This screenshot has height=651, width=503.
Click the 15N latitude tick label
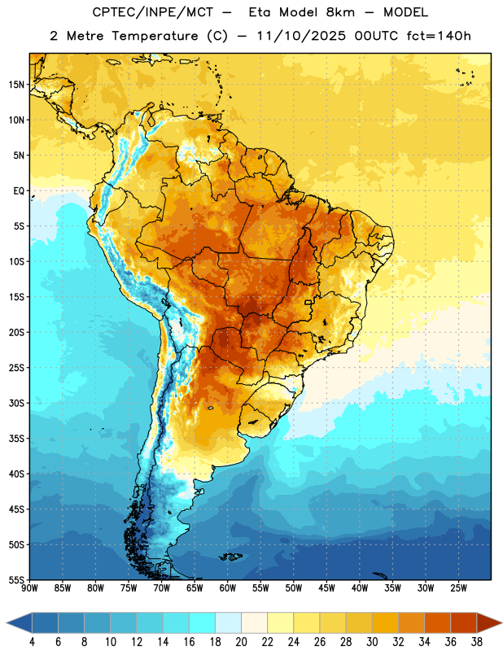[x=16, y=85]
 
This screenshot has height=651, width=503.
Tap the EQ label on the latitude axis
[x=19, y=191]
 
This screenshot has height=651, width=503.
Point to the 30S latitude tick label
[x=16, y=403]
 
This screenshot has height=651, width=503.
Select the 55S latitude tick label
[x=16, y=579]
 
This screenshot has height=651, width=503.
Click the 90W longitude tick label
[x=29, y=588]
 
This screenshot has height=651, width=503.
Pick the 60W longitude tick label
[x=228, y=588]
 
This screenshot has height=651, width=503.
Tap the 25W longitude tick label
[x=458, y=588]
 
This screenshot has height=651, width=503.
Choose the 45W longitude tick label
[x=326, y=588]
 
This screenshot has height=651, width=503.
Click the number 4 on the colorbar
[x=32, y=642]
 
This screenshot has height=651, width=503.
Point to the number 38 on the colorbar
[x=477, y=642]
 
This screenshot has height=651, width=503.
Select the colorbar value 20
[x=241, y=642]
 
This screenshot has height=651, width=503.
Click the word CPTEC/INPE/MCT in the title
[x=152, y=12]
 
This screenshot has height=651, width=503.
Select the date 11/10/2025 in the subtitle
[x=301, y=36]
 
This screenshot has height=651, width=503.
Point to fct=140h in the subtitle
[x=439, y=36]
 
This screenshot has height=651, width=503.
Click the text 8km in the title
[x=340, y=12]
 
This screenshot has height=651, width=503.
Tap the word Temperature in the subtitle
[x=155, y=36]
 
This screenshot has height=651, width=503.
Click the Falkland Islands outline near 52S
[x=230, y=557]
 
